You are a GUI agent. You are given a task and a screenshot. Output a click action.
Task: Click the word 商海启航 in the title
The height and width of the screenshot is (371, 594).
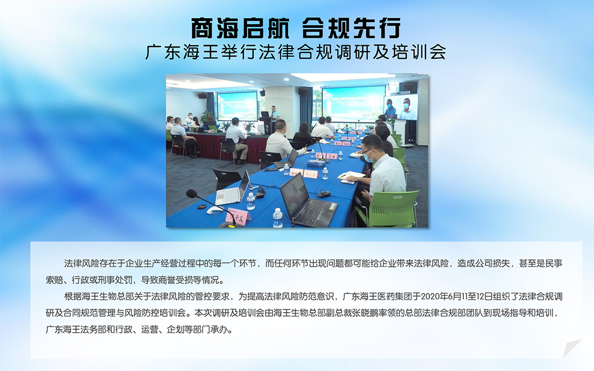click(x=240, y=28)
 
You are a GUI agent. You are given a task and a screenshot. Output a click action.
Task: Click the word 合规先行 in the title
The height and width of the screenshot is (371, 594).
click(x=351, y=28)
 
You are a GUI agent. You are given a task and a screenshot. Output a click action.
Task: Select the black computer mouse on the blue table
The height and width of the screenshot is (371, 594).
click(x=323, y=194)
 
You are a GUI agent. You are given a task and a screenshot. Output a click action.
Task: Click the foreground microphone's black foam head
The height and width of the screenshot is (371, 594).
click(x=192, y=194)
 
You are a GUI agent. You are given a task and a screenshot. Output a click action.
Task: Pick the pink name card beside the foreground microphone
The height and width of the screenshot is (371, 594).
click(x=238, y=217)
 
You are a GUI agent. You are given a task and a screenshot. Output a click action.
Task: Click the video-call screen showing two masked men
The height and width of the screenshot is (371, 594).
click(x=401, y=107)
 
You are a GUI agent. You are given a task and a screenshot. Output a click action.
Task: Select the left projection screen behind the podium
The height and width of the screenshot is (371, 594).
click(x=237, y=106)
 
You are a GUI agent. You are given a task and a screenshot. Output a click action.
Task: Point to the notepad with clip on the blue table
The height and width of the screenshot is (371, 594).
click(x=351, y=176)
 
